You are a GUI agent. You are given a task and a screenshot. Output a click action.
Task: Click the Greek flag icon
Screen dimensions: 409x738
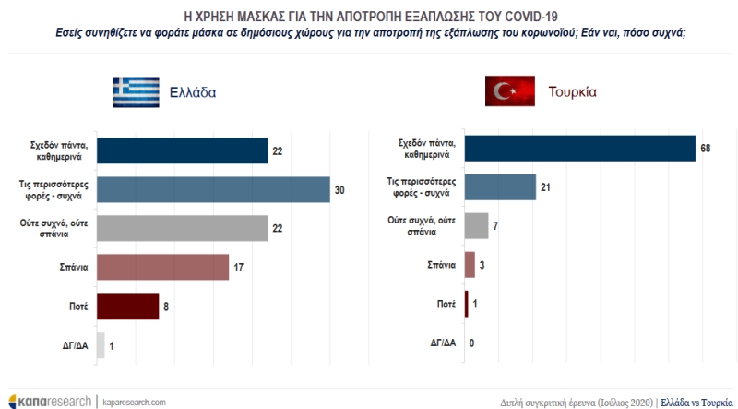(x=137, y=91)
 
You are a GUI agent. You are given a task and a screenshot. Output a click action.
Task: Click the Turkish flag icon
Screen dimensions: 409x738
(x=511, y=91)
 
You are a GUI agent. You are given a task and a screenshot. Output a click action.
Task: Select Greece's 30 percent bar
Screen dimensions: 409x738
(x=213, y=188)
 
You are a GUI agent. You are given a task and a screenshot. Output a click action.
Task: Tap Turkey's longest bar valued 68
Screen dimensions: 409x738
(x=579, y=148)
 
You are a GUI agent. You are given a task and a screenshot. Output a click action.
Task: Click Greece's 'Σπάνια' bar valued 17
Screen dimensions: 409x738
(x=162, y=267)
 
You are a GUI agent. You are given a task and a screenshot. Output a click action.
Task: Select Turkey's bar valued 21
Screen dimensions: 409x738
(x=500, y=187)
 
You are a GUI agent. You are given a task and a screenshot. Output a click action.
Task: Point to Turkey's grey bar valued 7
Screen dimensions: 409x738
(x=476, y=226)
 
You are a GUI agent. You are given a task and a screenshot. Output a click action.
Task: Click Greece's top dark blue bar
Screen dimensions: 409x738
(x=182, y=150)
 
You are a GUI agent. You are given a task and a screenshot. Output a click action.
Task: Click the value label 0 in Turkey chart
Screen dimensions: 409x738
(x=471, y=343)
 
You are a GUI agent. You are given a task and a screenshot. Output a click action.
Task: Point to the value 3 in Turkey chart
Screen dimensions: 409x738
(x=482, y=265)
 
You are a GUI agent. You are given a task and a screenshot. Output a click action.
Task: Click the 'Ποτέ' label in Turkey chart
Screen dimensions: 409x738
(x=445, y=304)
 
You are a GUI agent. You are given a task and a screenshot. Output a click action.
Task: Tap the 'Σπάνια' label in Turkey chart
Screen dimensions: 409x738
(x=439, y=265)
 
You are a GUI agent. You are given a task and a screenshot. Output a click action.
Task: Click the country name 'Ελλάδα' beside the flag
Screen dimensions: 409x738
(x=194, y=92)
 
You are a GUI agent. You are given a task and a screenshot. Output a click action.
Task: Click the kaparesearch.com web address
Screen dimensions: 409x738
(x=133, y=402)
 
